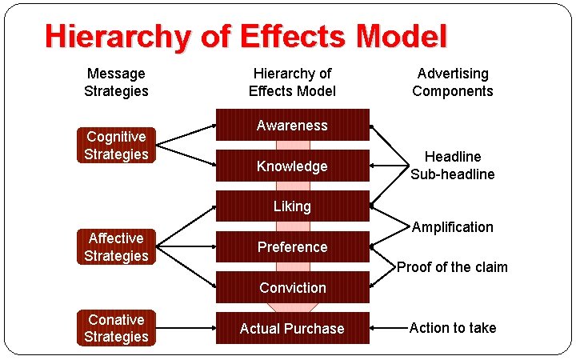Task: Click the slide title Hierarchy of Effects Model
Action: tap(246, 37)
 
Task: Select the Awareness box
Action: tap(292, 126)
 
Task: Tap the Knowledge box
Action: tap(292, 166)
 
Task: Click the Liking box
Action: tap(292, 206)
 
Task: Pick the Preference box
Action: tap(292, 247)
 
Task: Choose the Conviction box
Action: tap(292, 288)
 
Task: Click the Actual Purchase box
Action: tap(292, 329)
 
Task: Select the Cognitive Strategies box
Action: tap(116, 146)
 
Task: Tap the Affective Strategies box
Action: tap(116, 247)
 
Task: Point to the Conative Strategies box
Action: tap(116, 328)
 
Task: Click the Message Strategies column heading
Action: tap(116, 82)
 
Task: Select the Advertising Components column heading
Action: tap(453, 82)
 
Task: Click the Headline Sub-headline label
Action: tap(453, 166)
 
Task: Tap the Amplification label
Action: tap(453, 227)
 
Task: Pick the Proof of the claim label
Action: tap(453, 267)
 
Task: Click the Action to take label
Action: tap(453, 328)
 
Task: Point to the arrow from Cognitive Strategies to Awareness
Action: tap(186, 134)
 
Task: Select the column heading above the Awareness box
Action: tap(292, 82)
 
